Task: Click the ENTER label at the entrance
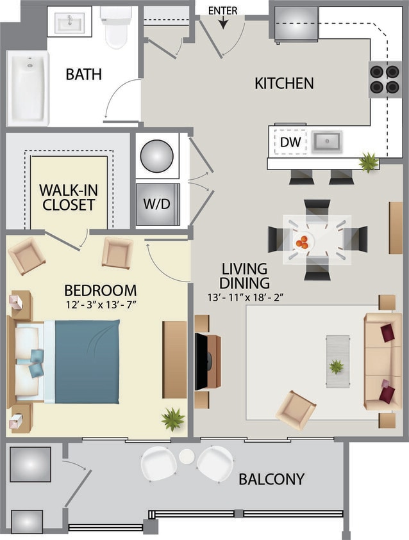(x=223, y=10)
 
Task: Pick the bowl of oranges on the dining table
(x=302, y=242)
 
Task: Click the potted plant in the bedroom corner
(x=172, y=419)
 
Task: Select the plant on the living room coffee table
(x=337, y=367)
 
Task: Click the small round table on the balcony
(x=187, y=456)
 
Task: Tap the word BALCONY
(x=271, y=479)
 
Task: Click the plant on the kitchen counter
(x=369, y=162)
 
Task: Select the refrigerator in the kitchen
(x=296, y=24)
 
